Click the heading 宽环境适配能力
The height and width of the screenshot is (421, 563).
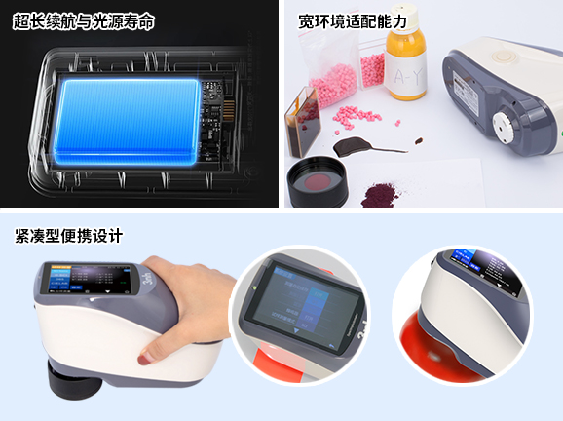[x=354, y=20]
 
